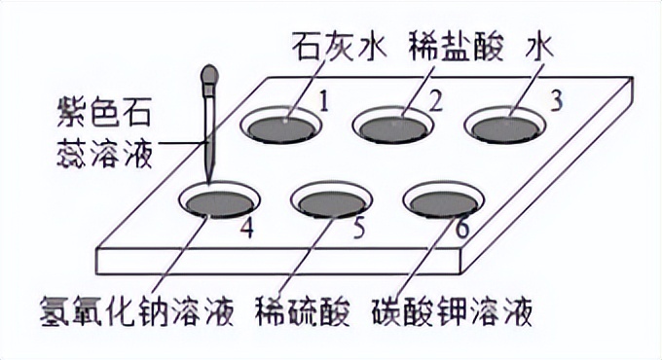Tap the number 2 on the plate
click(x=437, y=99)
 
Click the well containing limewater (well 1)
click(x=283, y=126)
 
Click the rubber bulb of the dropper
click(x=209, y=77)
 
